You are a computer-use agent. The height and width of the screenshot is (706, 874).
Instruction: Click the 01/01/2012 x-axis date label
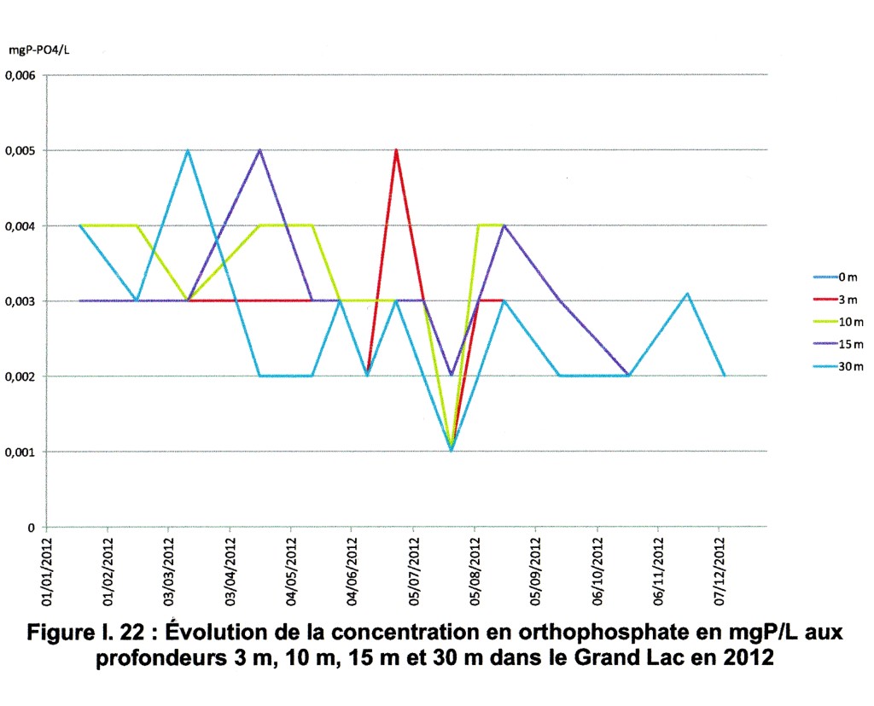tap(47, 564)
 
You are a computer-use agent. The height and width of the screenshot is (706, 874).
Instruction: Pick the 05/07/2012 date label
tap(414, 564)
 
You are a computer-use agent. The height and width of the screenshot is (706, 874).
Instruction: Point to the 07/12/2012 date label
tap(720, 564)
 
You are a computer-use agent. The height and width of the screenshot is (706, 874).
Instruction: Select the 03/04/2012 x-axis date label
tap(230, 564)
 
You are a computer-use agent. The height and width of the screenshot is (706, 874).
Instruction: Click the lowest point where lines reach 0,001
tap(451, 450)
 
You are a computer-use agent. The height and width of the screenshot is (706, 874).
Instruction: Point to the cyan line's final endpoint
tap(725, 376)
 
